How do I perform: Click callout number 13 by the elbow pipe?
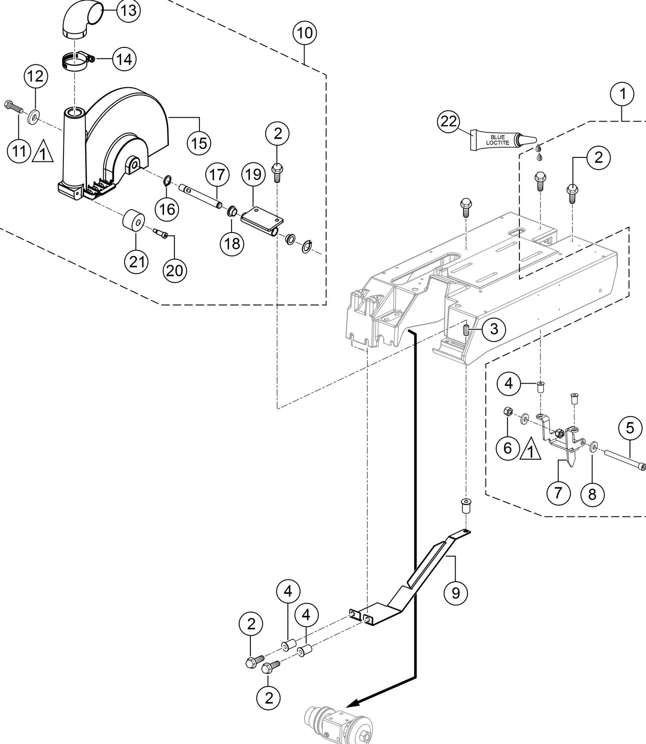[128, 11]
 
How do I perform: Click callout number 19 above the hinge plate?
[253, 174]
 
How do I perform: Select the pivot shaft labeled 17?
[200, 196]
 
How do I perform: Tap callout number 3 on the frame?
[494, 329]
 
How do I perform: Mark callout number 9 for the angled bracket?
[456, 592]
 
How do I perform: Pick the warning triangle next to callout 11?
[42, 152]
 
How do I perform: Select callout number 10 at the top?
[305, 33]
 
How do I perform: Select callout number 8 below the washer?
[592, 494]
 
